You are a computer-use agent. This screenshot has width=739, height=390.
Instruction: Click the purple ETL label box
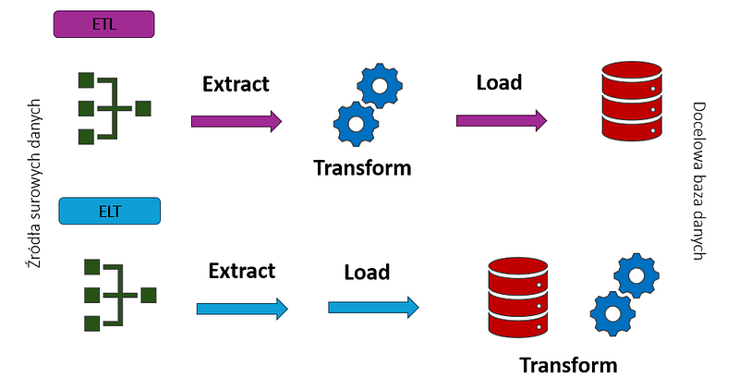click(x=104, y=23)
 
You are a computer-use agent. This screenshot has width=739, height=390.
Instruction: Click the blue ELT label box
click(x=110, y=213)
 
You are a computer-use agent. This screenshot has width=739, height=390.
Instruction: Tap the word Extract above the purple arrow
click(x=236, y=84)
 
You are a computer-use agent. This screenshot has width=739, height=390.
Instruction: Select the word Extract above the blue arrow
click(x=242, y=271)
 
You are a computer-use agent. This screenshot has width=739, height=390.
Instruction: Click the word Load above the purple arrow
click(x=499, y=82)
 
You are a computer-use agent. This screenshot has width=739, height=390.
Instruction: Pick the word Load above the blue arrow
click(x=367, y=273)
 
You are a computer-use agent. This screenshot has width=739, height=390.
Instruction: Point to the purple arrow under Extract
click(x=236, y=120)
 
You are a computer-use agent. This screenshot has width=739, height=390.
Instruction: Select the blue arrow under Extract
click(x=242, y=308)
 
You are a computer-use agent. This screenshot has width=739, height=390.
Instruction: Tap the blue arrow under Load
click(x=373, y=306)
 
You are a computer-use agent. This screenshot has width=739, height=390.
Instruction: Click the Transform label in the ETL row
click(x=362, y=168)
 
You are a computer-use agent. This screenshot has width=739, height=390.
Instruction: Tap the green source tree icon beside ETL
click(x=113, y=108)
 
